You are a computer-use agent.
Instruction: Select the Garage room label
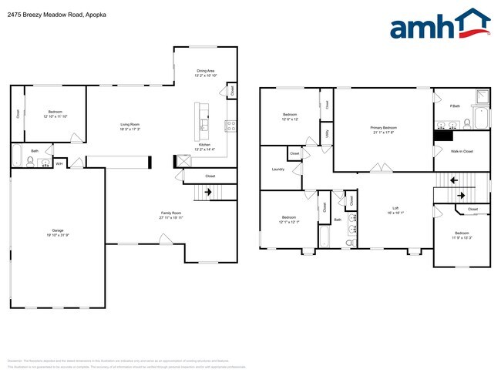pos(57,231)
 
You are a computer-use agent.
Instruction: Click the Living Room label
pos(129,126)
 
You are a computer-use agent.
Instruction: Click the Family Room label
pos(170,214)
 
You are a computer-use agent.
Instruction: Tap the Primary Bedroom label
pos(383,129)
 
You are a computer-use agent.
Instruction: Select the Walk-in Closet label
pos(462,152)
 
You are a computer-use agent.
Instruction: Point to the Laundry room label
pos(278,169)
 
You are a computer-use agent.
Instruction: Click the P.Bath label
pos(456,106)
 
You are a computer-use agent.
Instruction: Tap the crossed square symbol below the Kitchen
pos(183,161)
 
